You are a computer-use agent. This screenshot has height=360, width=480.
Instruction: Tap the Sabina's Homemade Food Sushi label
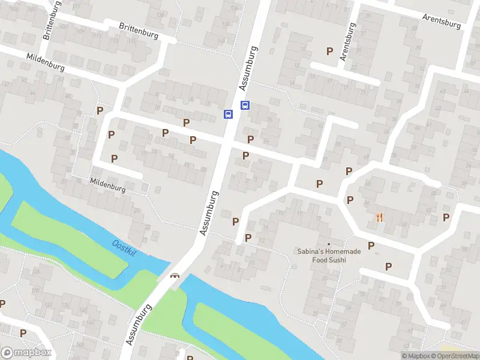click(329, 256)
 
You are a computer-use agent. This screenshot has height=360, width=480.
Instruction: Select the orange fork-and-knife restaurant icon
click(379, 217)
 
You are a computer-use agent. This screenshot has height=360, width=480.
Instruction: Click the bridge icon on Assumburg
click(175, 276)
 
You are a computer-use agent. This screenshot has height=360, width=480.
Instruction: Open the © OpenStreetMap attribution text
click(455, 356)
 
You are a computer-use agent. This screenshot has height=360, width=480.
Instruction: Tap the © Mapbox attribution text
click(416, 356)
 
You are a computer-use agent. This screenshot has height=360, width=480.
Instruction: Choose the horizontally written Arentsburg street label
click(441, 21)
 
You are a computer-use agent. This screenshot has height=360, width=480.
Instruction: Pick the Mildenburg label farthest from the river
click(46, 62)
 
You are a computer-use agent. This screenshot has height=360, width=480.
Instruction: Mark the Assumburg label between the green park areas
click(139, 324)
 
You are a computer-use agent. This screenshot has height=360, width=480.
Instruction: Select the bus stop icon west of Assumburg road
click(228, 114)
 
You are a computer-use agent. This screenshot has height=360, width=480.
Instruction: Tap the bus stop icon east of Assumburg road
click(245, 106)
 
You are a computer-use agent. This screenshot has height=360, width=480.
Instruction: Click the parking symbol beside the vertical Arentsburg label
click(329, 52)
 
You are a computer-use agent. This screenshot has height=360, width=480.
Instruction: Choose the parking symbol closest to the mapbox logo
click(23, 333)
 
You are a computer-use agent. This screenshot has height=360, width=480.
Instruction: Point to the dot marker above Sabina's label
click(328, 244)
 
